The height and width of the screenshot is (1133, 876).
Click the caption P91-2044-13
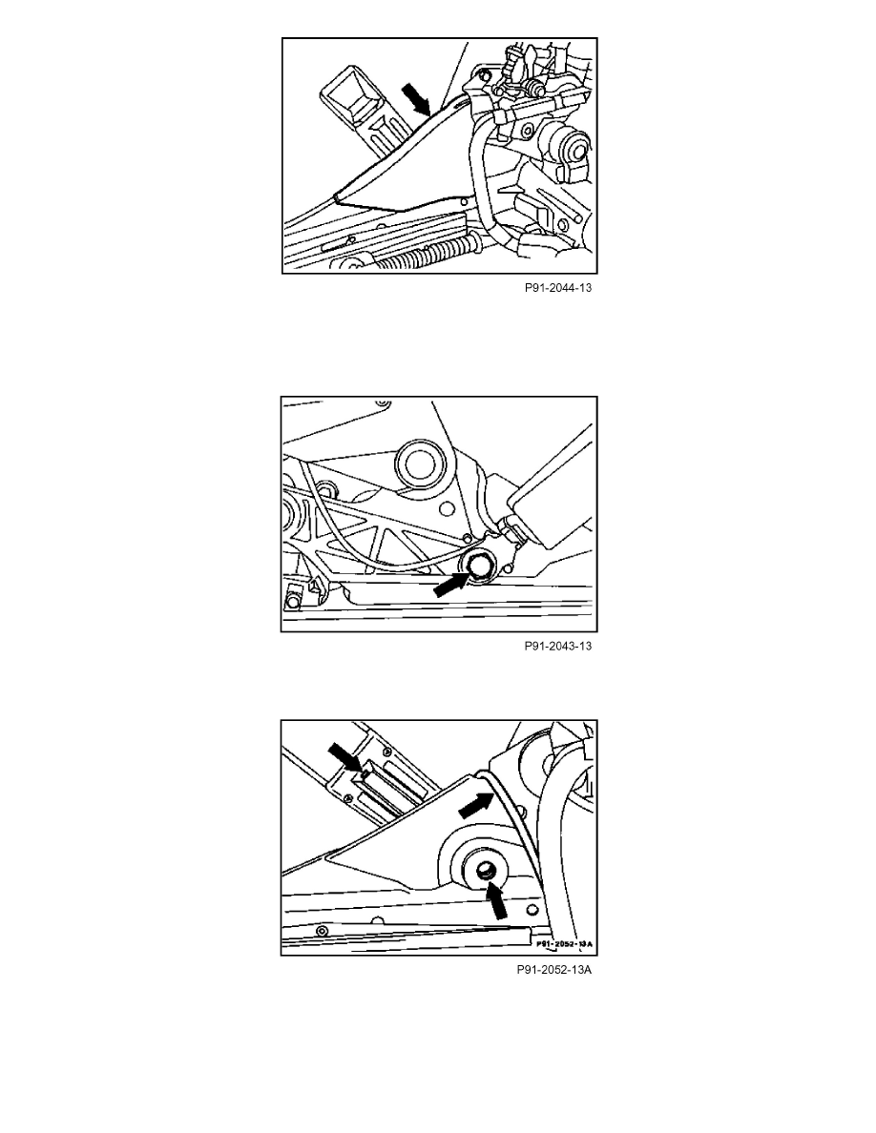(558, 288)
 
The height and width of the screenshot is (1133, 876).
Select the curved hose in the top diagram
(481, 180)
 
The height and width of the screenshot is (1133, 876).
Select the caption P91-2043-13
(558, 646)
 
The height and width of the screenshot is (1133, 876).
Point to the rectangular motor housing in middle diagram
(553, 492)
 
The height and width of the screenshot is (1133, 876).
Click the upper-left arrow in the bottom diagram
(345, 758)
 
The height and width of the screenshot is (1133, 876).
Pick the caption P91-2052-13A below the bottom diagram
(553, 970)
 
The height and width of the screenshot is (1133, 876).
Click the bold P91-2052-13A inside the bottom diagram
(564, 944)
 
